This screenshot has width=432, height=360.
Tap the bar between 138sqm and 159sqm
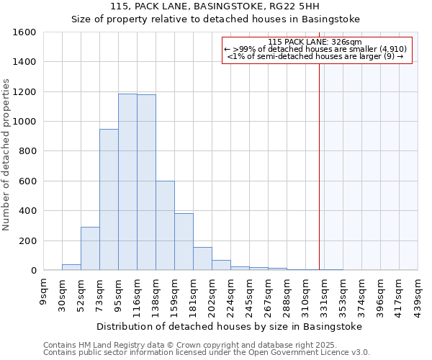point(165,225)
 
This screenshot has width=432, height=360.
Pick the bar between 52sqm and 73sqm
point(90,248)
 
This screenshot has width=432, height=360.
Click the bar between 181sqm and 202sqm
point(202,258)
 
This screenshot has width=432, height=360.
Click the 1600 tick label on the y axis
point(24,32)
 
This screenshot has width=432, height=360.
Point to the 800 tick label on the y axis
point(27,151)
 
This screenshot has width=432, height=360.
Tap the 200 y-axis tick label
point(27,240)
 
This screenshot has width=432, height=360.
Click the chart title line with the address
point(230,6)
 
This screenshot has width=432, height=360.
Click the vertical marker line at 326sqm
point(319,166)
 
